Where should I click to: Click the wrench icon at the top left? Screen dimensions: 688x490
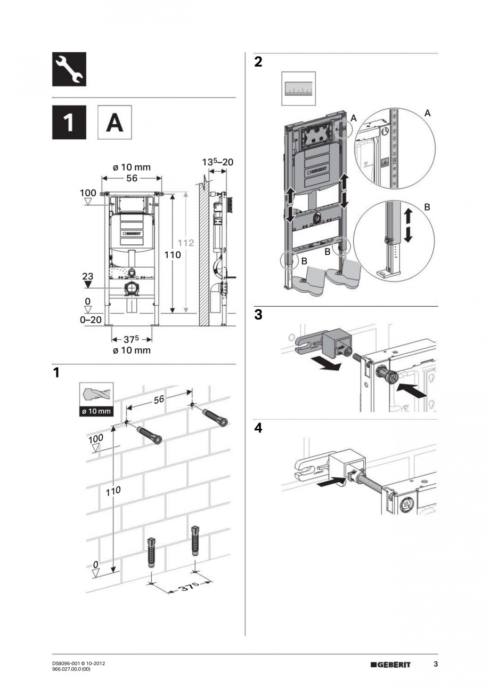[69, 69]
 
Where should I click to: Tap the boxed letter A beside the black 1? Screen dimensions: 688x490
[114, 123]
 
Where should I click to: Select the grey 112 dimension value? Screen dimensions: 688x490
[186, 242]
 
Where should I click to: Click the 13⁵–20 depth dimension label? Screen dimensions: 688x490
[218, 162]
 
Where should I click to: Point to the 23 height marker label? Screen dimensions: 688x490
[87, 276]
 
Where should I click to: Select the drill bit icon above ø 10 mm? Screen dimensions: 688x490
[96, 395]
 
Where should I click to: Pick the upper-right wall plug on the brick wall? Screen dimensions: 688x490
[216, 416]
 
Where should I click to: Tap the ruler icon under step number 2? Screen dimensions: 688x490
[298, 89]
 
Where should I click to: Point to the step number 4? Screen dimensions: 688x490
[258, 428]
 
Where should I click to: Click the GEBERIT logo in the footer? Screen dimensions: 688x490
[395, 665]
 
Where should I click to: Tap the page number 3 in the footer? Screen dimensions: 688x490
[435, 664]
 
